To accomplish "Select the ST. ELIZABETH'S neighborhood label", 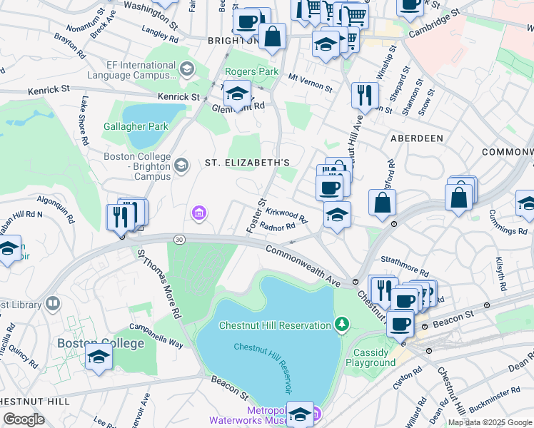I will click(247, 163).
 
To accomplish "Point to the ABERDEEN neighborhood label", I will click(416, 138).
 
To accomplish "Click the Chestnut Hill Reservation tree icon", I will click(342, 325).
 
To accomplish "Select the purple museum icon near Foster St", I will click(198, 213).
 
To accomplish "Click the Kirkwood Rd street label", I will click(286, 214).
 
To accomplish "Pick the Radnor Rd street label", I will click(278, 228).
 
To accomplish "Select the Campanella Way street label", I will click(156, 340).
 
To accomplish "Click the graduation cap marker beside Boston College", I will click(99, 358).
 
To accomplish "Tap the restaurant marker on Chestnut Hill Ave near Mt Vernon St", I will click(365, 94).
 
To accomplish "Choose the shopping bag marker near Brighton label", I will click(272, 36).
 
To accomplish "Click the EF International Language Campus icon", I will click(187, 68).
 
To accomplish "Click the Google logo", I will click(24, 419).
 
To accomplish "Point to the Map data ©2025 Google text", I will click(489, 422).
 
